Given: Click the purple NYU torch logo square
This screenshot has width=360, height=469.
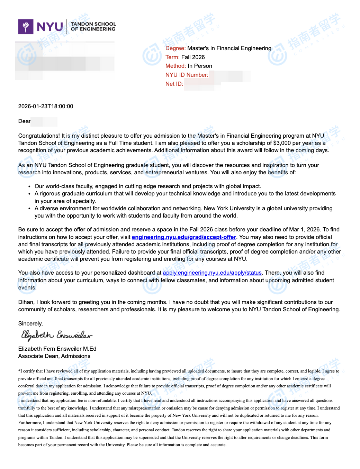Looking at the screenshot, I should coord(26,27).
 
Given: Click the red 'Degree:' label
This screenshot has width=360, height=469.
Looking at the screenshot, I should coord(175,48).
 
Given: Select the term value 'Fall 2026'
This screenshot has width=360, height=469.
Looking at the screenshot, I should coord(193,57).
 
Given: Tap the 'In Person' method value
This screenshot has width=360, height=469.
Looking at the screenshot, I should coord(200,66).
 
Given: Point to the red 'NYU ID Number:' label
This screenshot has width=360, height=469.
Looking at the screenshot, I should coord(187,75).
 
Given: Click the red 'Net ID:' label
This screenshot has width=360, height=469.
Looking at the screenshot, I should coord(174,84).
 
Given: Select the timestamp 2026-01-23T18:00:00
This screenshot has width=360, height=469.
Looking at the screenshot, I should coord(46,107).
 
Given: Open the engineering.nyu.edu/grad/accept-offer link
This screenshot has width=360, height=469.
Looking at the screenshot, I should coord(184,237).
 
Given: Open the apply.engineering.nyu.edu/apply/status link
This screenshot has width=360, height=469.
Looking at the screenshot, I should coord(212,273).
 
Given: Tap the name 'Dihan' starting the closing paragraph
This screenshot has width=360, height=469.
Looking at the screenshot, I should coord(26,302).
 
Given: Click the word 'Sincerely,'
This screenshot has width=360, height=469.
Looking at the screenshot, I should coord(30,324).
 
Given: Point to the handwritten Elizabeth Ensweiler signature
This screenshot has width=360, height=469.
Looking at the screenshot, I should coord(56,335).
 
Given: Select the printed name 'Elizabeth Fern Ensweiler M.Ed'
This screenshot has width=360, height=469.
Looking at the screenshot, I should coord(57,349).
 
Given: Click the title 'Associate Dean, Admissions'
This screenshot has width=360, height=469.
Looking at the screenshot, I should coord(54,356).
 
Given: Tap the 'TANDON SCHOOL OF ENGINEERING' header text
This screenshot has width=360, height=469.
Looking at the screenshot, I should coord(93,27).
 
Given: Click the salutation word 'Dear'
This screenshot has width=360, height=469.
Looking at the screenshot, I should coord(24,121).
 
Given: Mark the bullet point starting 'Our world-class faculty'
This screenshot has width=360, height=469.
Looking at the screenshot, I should coord(148,186).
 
